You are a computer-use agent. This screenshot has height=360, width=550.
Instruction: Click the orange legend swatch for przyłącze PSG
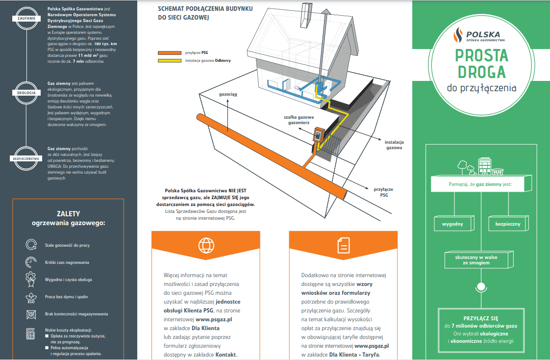(x=170, y=52)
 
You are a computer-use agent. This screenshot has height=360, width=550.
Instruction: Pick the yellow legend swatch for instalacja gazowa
(x=170, y=61)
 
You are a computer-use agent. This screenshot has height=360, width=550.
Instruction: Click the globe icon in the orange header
(x=206, y=244)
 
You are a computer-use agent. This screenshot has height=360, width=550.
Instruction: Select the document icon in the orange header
(x=343, y=244)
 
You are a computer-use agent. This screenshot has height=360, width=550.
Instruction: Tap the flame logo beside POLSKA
(x=458, y=35)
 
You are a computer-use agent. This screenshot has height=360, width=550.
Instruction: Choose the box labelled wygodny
(x=452, y=224)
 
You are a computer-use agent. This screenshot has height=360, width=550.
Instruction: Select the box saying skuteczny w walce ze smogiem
(x=478, y=260)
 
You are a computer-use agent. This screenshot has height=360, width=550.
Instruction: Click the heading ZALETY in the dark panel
(x=69, y=214)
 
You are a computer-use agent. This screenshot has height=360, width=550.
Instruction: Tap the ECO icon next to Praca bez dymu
(x=30, y=297)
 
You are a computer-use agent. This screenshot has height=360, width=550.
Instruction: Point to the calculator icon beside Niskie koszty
(x=30, y=334)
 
